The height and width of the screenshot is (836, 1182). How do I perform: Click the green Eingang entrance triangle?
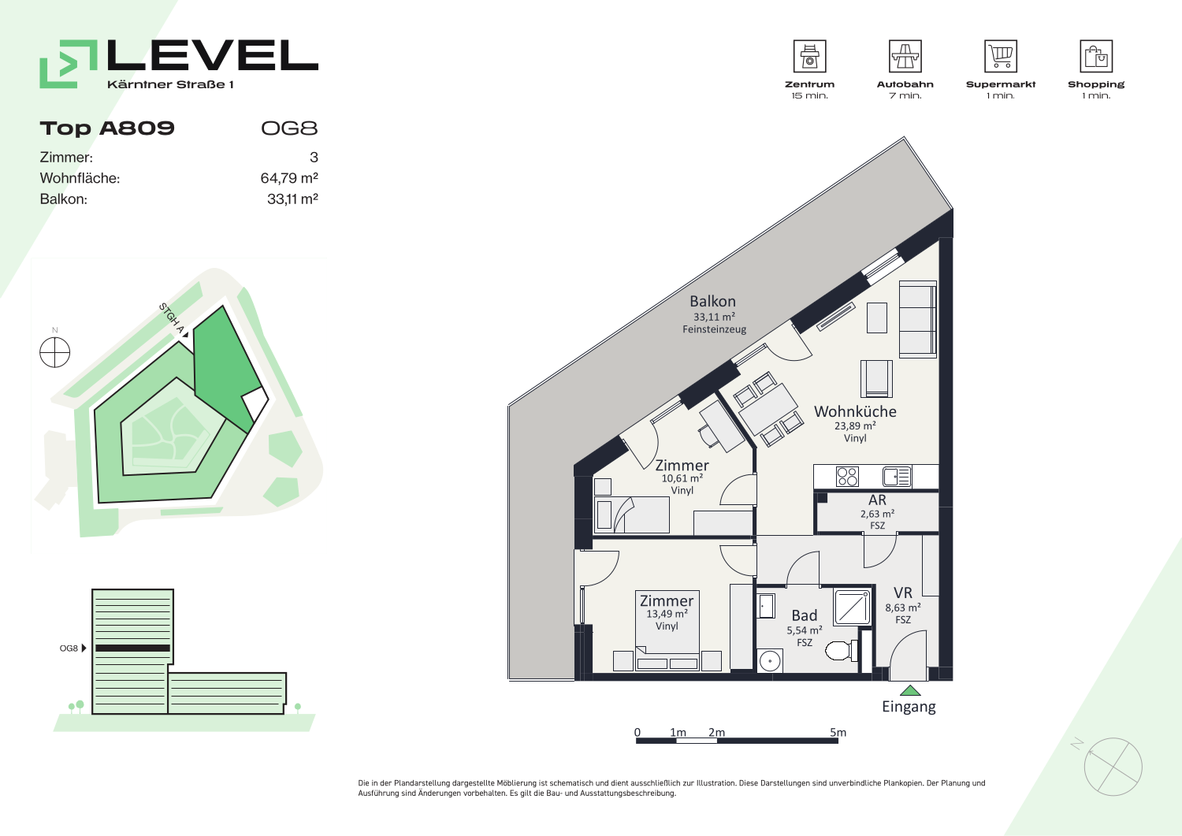coord(909,690)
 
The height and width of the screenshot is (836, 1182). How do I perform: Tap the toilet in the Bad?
coord(841,650)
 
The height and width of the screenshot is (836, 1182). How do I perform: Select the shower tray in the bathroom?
coord(852,607)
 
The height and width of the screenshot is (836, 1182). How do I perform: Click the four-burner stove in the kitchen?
coord(847,477)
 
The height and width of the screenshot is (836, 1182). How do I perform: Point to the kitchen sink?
coord(897,477)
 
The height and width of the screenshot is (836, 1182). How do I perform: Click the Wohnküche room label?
coord(855,411)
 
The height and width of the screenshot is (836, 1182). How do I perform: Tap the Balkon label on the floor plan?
coord(712,301)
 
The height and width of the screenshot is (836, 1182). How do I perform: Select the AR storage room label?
coord(877,500)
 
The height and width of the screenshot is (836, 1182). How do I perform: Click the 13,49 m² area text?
coord(667,614)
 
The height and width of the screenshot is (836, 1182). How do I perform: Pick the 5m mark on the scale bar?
coord(838,733)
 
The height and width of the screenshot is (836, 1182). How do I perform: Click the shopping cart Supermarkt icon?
coord(1001,56)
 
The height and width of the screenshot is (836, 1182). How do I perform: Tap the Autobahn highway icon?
coord(905,56)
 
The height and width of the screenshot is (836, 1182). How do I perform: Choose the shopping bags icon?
coord(1096,56)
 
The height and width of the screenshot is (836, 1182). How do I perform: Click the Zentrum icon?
coord(809,56)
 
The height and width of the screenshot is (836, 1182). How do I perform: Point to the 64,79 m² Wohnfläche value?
coord(289,178)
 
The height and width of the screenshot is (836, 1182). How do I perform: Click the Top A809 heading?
coord(107,128)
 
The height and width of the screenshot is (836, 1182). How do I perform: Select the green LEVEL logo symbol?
coord(69,64)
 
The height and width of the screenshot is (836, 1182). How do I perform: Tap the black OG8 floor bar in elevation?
coord(133,648)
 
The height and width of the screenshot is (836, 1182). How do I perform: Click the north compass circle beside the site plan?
coord(55,352)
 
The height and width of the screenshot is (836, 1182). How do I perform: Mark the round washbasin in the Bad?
coord(770,661)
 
